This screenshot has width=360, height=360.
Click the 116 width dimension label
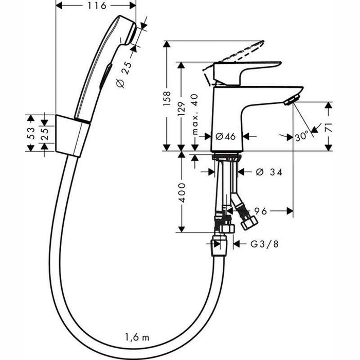[95, 7]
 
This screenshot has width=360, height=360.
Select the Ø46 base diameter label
[225, 136]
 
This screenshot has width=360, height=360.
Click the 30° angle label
[302, 136]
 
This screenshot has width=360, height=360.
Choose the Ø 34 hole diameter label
[268, 171]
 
